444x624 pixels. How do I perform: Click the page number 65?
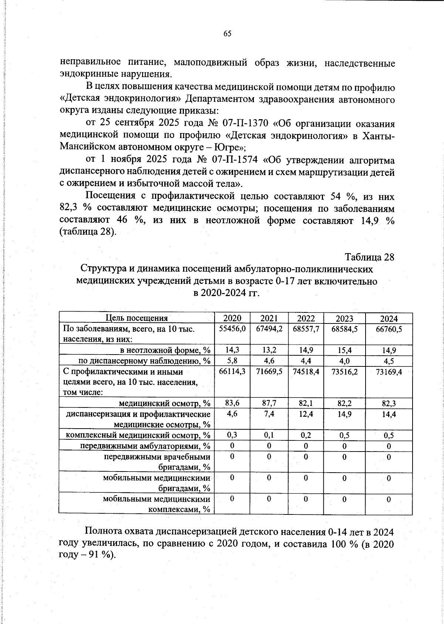coord(227,34)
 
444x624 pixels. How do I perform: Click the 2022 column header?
coord(306,319)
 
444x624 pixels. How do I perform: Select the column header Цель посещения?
coord(137,318)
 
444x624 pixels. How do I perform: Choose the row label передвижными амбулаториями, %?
coord(145,446)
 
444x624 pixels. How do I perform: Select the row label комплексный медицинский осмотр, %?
coord(138,435)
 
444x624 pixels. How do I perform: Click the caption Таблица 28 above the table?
coord(369,257)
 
